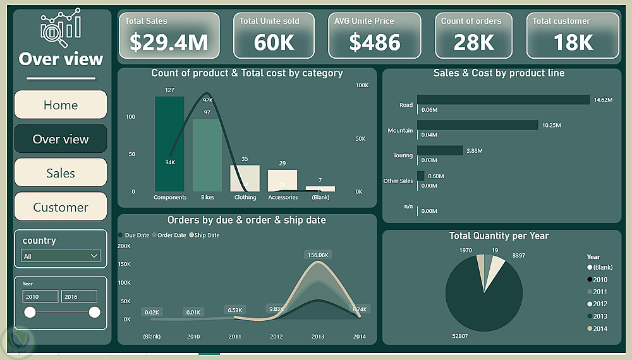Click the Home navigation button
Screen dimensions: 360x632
coord(61,105)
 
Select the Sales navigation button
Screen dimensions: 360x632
coord(61,173)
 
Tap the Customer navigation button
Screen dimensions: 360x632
coord(61,207)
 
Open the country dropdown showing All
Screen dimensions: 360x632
coord(61,256)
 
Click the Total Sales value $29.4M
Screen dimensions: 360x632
coord(169,42)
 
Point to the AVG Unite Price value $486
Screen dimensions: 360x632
coord(375,42)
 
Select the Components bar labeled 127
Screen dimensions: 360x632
coord(169,144)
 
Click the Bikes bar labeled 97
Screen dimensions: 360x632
coord(207,155)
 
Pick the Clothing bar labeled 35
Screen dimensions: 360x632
coord(245,178)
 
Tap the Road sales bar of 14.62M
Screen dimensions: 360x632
coord(502,100)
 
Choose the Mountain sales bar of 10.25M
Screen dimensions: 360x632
coord(477,125)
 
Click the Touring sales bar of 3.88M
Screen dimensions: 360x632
coord(440,150)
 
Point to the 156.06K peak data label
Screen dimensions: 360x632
coord(318,255)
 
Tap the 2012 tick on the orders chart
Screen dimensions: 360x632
coord(276,337)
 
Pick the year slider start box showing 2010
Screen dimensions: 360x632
coord(40,296)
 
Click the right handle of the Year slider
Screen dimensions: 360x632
coord(95,312)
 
